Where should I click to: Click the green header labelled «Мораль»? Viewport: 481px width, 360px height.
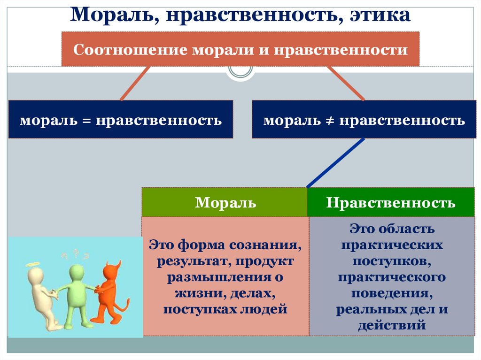pyautogui.click(x=225, y=203)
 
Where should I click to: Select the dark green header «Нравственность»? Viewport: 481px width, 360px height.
pyautogui.click(x=391, y=203)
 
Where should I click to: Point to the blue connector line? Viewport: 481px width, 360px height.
pyautogui.click(x=335, y=163)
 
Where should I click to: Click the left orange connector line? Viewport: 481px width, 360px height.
pyautogui.click(x=135, y=83)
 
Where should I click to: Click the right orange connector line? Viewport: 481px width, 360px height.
pyautogui.click(x=346, y=83)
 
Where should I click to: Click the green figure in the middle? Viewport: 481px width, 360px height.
pyautogui.click(x=76, y=293)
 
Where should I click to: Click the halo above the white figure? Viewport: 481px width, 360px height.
pyautogui.click(x=33, y=265)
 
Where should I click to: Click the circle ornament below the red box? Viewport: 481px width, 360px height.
pyautogui.click(x=240, y=71)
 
